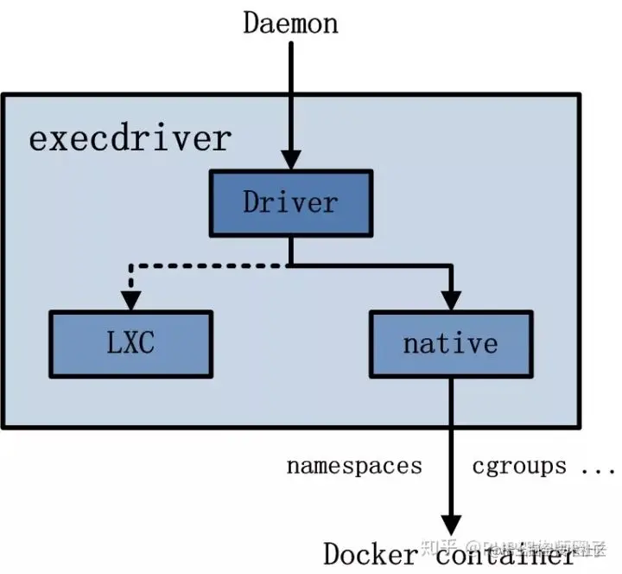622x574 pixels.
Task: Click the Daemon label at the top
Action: pyautogui.click(x=290, y=22)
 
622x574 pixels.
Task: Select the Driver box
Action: pyautogui.click(x=290, y=202)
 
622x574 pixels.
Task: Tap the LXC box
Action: pyautogui.click(x=130, y=342)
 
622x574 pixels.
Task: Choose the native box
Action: pyautogui.click(x=450, y=342)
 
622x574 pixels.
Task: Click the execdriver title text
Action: pyautogui.click(x=130, y=139)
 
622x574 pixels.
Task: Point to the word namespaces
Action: pyautogui.click(x=354, y=467)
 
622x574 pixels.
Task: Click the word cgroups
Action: pyautogui.click(x=519, y=467)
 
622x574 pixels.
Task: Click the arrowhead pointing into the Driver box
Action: pyautogui.click(x=291, y=159)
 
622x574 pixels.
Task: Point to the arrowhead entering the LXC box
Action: pyautogui.click(x=130, y=300)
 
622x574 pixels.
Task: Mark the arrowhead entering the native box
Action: pyautogui.click(x=450, y=300)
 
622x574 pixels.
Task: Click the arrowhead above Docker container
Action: pyautogui.click(x=450, y=525)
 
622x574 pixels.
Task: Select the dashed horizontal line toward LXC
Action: pyautogui.click(x=207, y=266)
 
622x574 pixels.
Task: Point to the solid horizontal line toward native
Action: pyautogui.click(x=371, y=266)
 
